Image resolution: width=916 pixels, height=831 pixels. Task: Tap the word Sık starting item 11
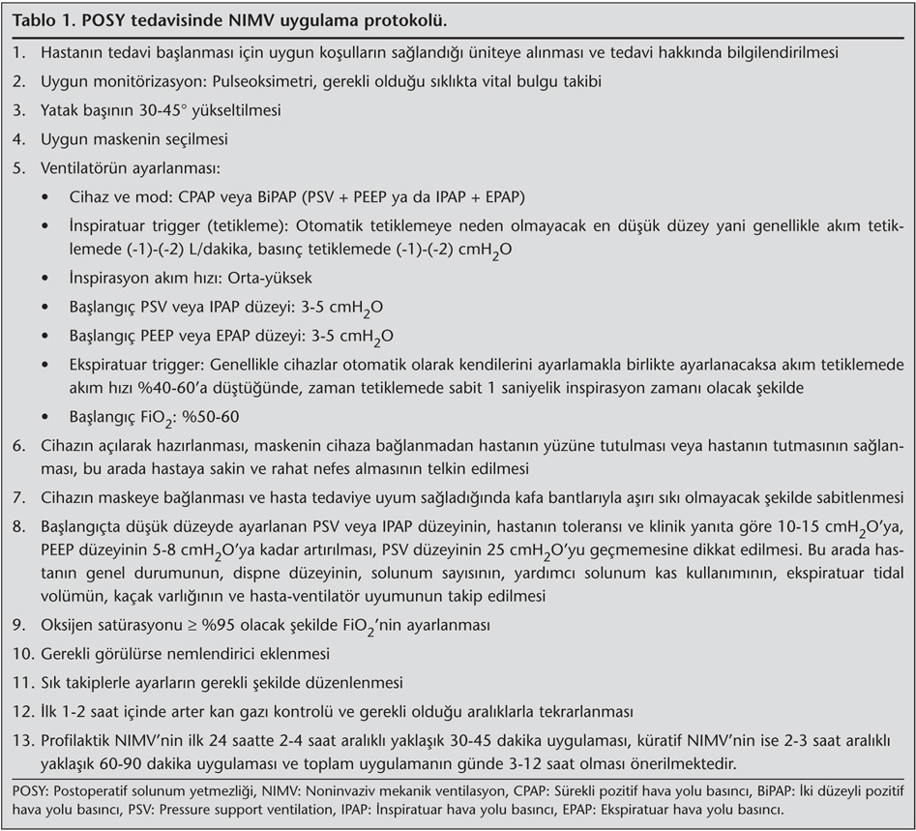pyautogui.click(x=51, y=682)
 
